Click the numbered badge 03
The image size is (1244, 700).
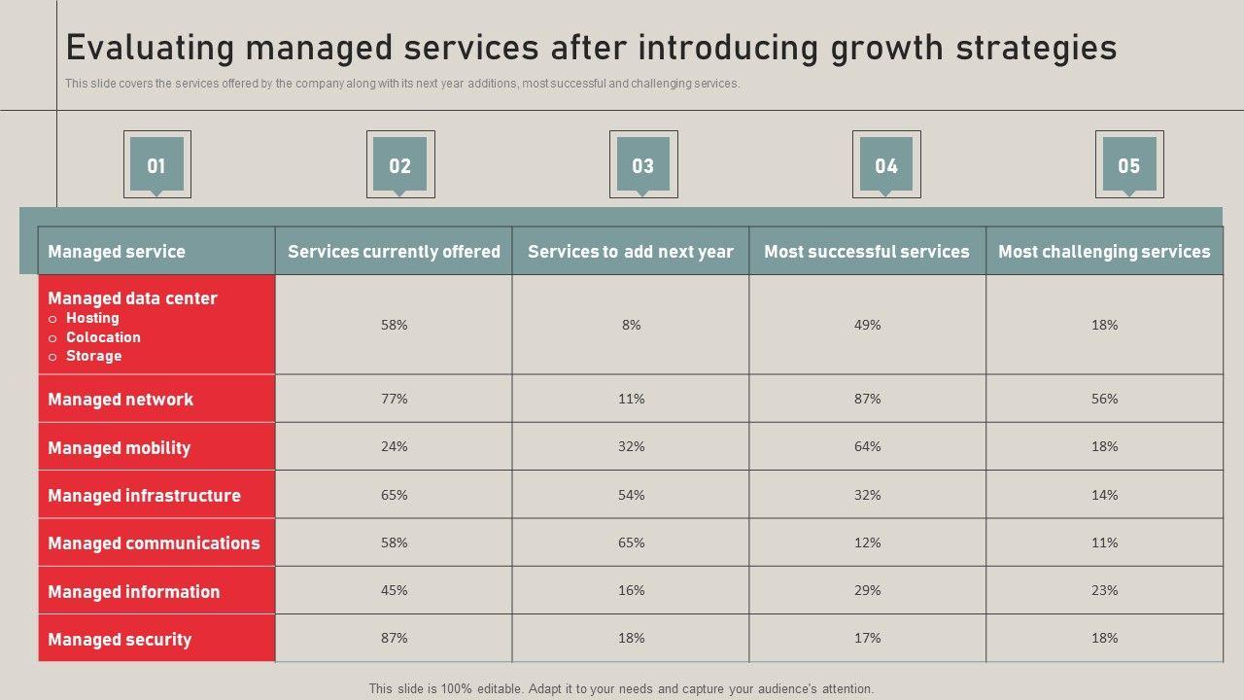[643, 165]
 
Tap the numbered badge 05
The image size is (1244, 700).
[1128, 165]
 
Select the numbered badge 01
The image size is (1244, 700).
[156, 165]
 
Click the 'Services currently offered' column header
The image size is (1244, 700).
[394, 252]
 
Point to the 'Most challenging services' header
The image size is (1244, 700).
[1104, 252]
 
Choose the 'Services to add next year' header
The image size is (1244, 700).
[631, 252]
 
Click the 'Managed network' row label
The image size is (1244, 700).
[121, 400]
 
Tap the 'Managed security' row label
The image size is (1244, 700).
[120, 640]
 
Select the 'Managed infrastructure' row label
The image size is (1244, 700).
[144, 496]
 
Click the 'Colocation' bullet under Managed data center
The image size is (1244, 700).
[103, 337]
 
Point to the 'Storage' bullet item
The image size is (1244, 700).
[93, 356]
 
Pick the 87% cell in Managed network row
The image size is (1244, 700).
[868, 399]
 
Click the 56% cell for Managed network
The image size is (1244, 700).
[1105, 399]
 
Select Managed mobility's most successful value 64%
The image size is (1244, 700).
[868, 446]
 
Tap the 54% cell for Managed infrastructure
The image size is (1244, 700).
[632, 495]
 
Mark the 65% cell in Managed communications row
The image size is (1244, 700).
[632, 542]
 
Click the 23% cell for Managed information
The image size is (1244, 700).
[1105, 590]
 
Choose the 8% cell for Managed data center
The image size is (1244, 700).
[632, 325]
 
